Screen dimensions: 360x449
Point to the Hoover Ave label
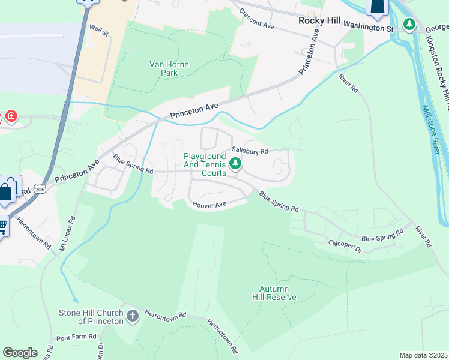209,205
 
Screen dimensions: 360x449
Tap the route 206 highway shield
40,189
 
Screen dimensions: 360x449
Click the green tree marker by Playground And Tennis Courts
236,163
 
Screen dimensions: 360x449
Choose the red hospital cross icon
11,115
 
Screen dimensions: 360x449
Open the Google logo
20,353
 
